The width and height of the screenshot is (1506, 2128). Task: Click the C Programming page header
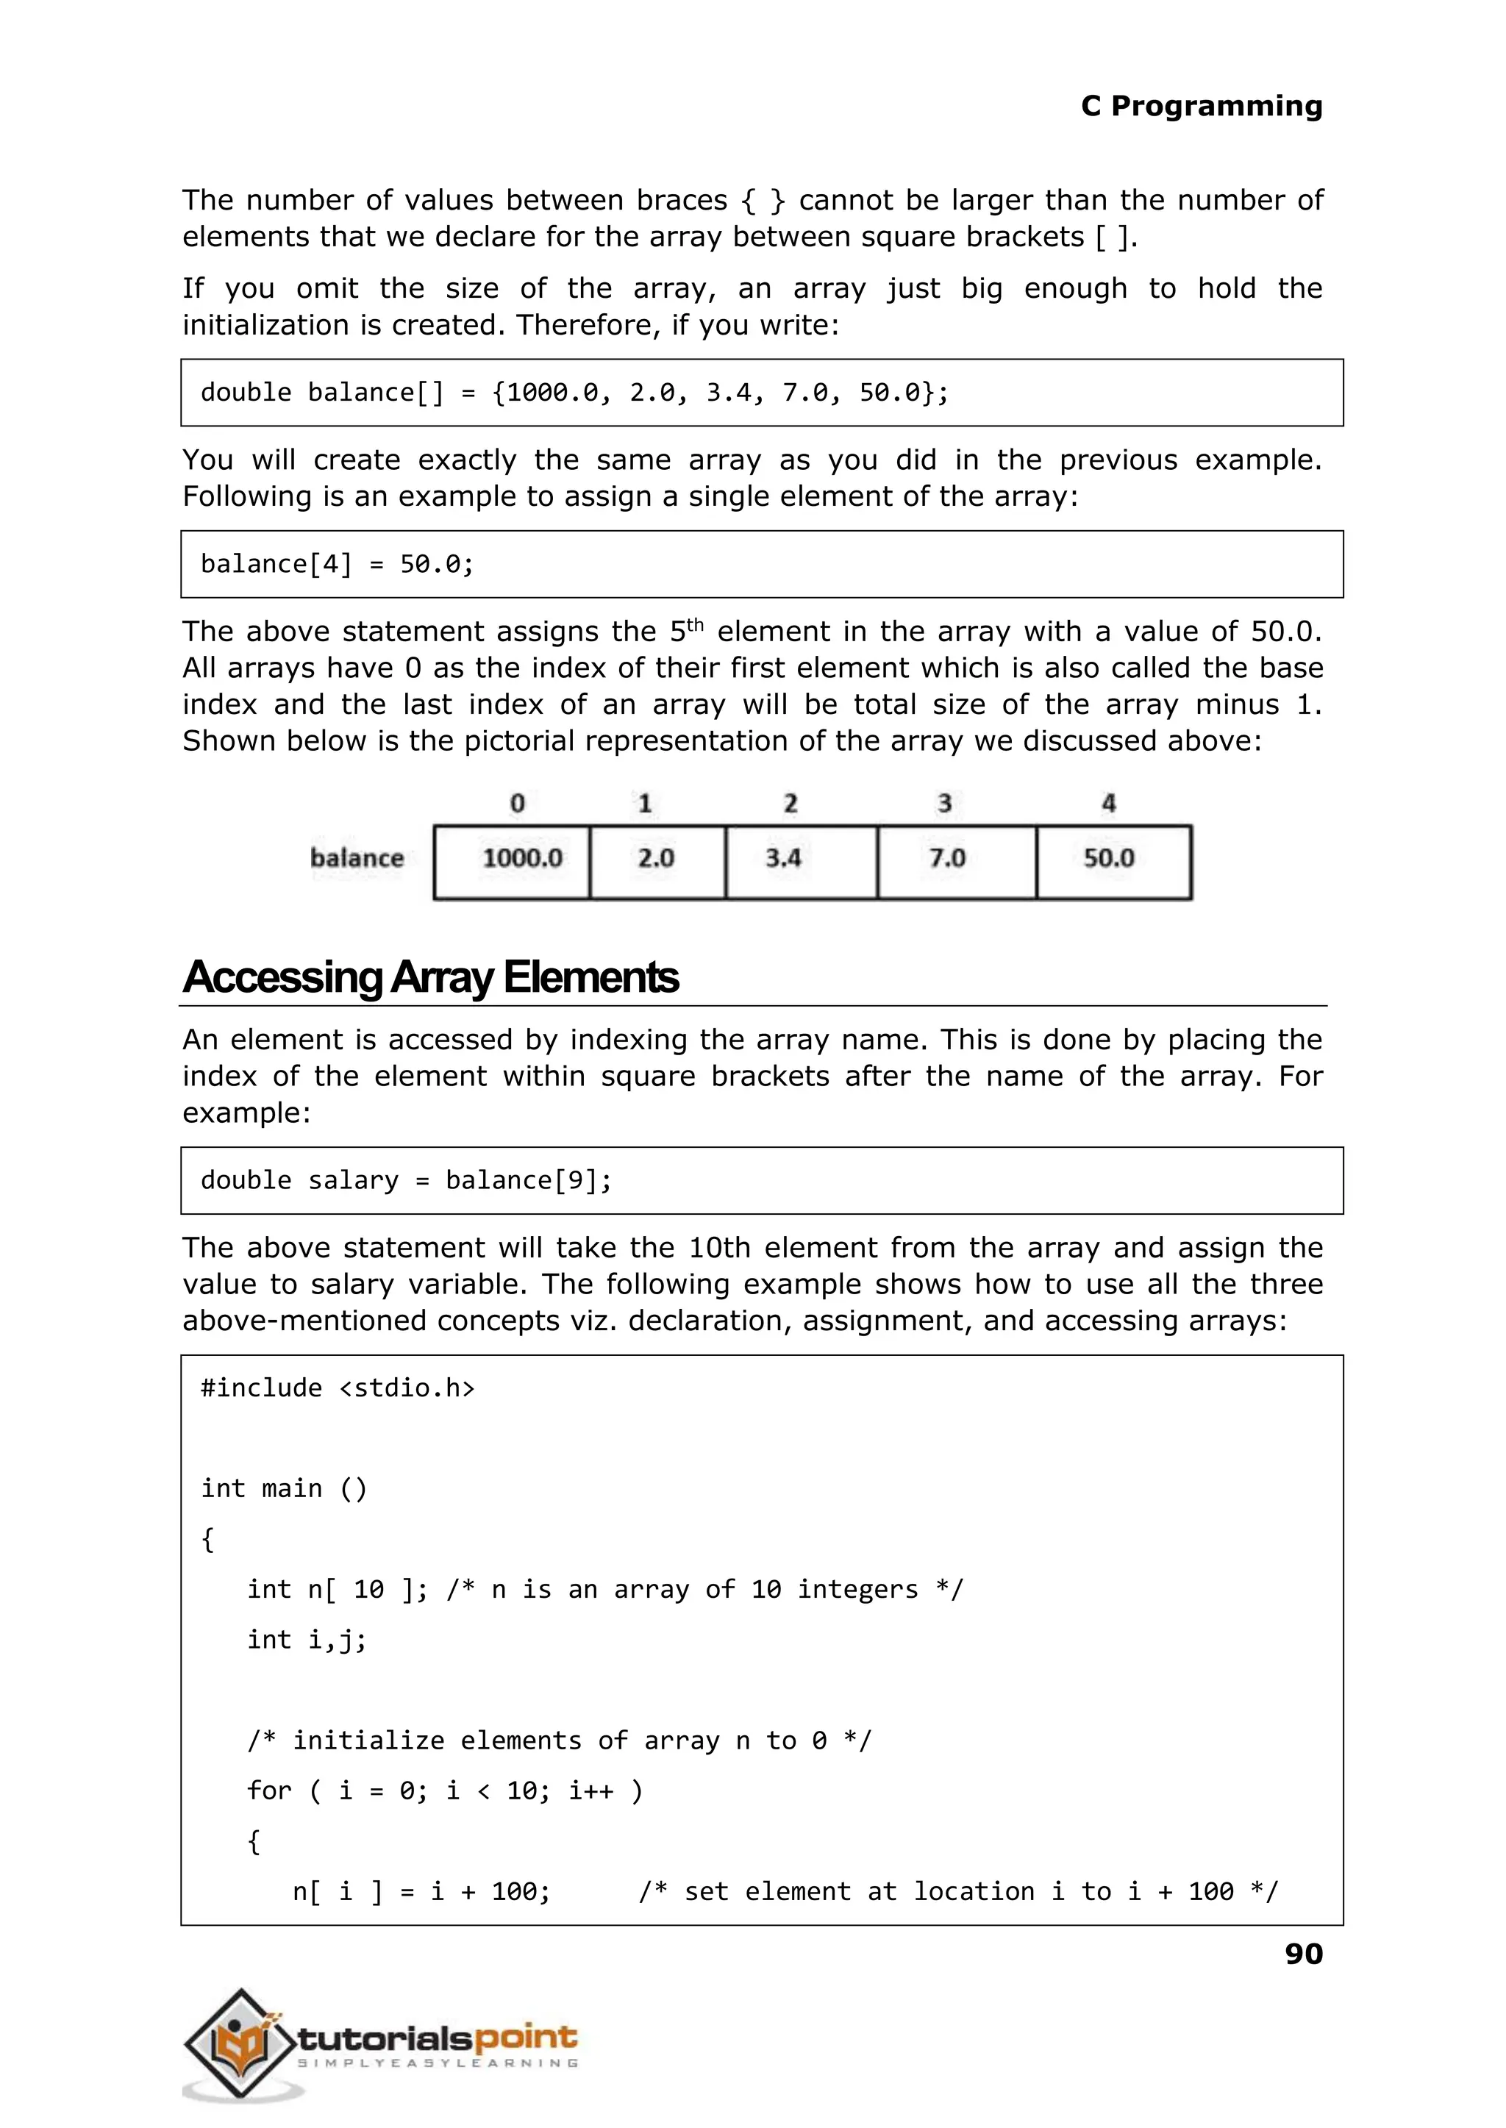1201,106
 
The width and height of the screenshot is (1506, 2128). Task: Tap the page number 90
1303,1954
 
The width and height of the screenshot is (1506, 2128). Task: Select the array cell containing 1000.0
512,861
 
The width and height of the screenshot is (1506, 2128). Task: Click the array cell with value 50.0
1113,861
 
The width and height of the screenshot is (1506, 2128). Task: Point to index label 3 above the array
944,803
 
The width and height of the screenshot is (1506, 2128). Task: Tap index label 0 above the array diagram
518,803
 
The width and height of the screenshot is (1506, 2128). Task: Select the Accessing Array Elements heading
431,977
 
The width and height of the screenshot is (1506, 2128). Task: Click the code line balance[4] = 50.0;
338,564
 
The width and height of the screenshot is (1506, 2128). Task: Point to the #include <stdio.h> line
338,1388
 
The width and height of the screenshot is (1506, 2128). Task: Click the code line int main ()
284,1488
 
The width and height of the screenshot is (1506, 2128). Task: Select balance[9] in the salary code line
528,1180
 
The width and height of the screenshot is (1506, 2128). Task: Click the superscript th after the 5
695,624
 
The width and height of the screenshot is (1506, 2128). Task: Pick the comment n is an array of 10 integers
704,1589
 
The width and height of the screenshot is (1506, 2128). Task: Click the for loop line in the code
444,1790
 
